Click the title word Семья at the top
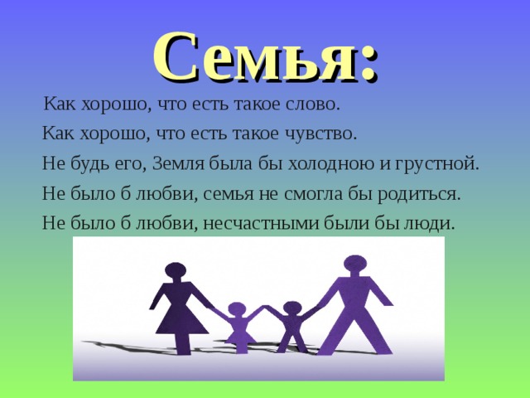point(253,56)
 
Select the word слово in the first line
point(312,105)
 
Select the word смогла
point(330,192)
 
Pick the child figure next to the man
point(291,328)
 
